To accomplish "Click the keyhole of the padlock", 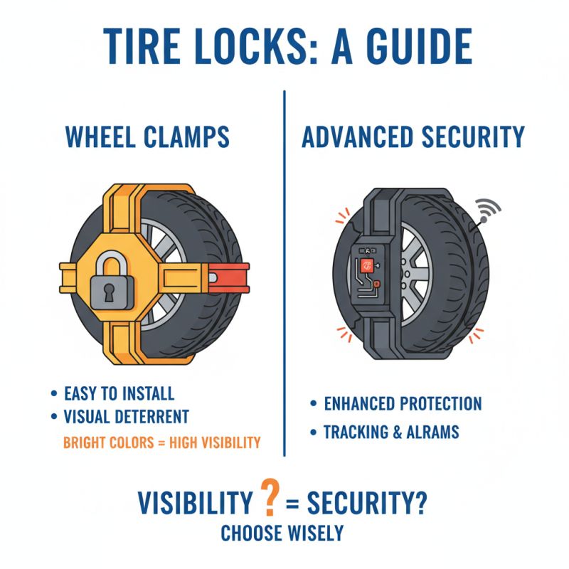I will pos(112,290).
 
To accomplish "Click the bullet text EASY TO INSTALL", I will pos(119,394).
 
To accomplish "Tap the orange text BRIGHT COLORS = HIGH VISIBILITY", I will pos(161,442).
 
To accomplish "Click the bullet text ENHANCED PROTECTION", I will pos(403,404).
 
